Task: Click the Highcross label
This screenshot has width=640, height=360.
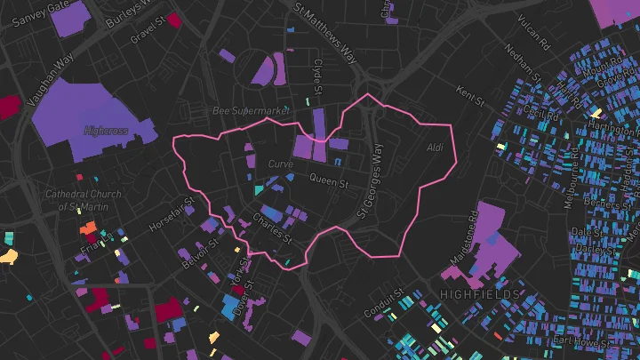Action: (106, 130)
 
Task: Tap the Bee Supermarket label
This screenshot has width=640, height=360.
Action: (252, 111)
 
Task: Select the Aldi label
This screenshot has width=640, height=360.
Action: (434, 147)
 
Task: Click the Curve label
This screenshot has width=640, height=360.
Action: (280, 164)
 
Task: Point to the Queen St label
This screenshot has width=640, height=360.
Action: (328, 180)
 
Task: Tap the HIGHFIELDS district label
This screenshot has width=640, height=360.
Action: (479, 293)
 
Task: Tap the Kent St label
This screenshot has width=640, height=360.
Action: (468, 92)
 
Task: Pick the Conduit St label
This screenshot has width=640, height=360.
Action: (384, 304)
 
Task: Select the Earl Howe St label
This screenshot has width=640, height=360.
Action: (580, 340)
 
